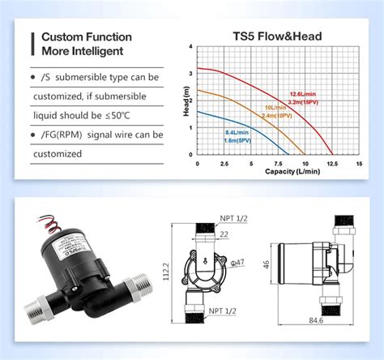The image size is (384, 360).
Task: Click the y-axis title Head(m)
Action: coord(186,101)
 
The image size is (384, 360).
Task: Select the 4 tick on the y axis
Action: coord(191,47)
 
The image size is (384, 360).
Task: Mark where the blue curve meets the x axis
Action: coord(288,154)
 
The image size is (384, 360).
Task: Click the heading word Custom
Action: coord(65,36)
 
